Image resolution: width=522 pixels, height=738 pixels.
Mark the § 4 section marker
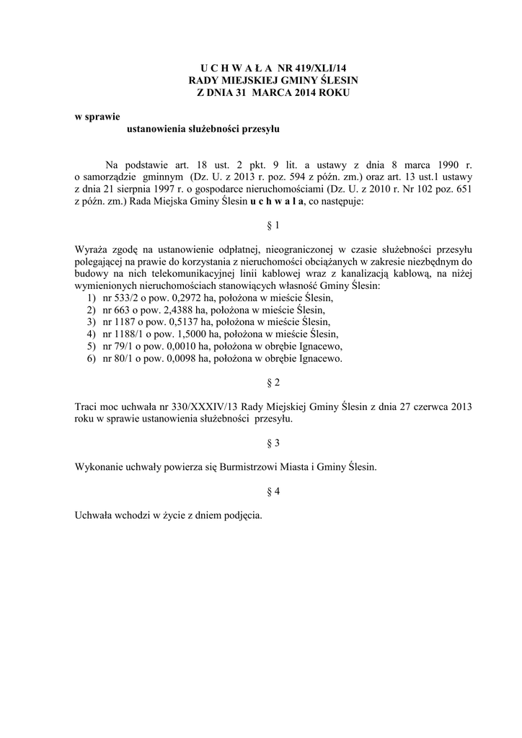pos(273,492)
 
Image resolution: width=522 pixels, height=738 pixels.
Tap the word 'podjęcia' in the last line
pos(243,516)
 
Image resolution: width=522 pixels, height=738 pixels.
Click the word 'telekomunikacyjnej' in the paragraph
pos(169,275)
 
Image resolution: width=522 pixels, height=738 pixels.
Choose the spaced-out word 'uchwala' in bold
pos(278,203)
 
